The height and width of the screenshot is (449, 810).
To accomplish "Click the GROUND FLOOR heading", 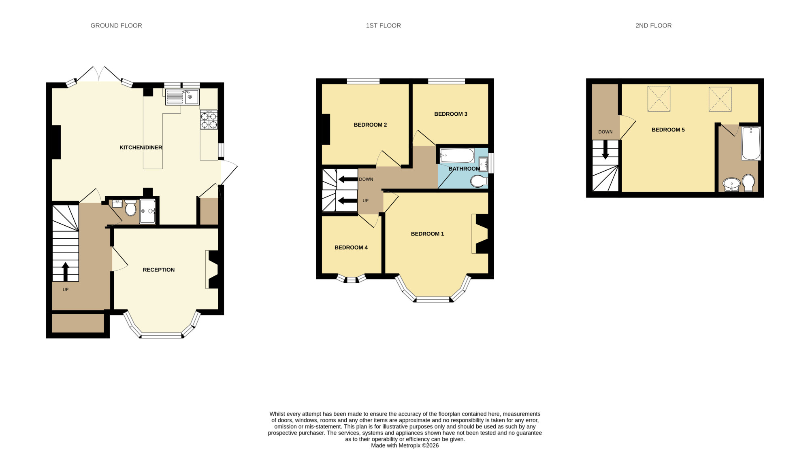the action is coord(116,25).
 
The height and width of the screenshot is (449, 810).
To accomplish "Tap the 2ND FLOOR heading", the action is coord(653,25).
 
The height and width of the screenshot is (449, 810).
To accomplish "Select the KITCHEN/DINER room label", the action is coord(141,148).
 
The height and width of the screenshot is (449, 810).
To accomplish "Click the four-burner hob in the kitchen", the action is coord(209,120).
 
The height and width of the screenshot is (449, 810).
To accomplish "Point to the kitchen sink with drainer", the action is coord(182,97).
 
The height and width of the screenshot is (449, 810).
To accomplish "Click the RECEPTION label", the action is coord(159,270).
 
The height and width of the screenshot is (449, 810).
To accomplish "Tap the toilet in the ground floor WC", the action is coord(130,208).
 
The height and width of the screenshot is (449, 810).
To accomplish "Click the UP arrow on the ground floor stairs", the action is coord(65,271).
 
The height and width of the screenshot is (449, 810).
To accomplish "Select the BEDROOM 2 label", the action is coord(370,125).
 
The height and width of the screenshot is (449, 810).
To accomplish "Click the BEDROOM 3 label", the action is coord(451,114).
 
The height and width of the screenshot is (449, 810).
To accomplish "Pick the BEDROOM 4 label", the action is coord(351,248).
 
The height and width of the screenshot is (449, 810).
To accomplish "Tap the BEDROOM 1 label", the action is coord(427,234).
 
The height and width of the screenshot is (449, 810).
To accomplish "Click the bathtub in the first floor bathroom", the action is coord(457,156).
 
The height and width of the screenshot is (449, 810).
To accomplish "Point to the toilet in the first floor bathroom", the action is coord(479,181).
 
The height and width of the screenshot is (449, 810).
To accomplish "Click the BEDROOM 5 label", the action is coord(668,130).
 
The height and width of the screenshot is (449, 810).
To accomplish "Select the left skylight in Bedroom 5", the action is coord(659,99).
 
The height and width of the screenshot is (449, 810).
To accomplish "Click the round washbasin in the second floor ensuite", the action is coord(731,184).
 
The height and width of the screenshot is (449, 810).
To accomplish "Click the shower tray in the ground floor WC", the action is coord(147,211).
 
